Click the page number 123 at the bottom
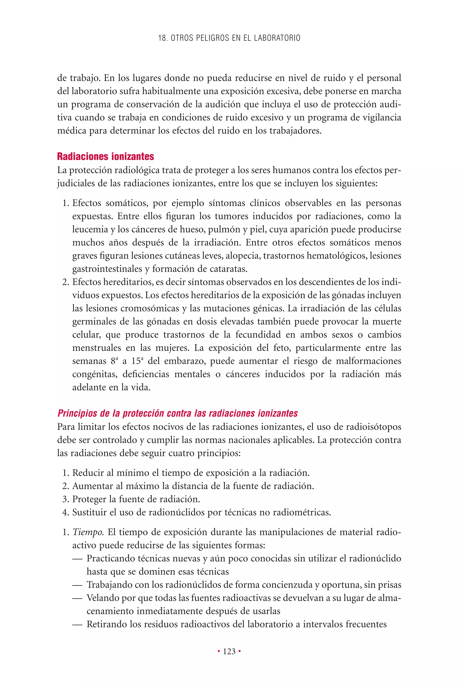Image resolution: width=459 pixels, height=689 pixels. tap(229, 652)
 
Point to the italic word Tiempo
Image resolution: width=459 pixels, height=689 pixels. tap(88, 532)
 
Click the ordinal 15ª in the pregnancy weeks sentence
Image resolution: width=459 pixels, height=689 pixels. tap(136, 361)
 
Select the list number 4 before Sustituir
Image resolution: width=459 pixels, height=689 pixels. tap(65, 512)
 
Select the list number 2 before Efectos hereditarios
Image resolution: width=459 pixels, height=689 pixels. tap(65, 282)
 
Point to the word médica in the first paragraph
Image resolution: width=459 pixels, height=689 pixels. tap(72, 130)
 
